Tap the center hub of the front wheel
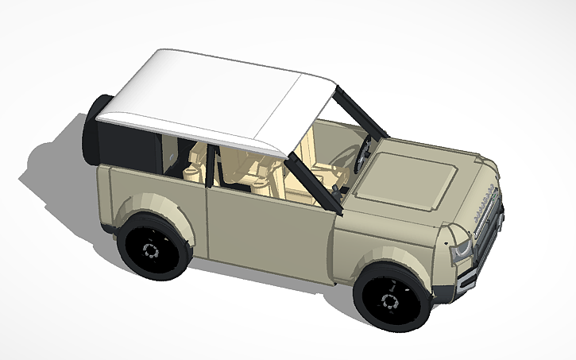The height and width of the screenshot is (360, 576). coord(390,300)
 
